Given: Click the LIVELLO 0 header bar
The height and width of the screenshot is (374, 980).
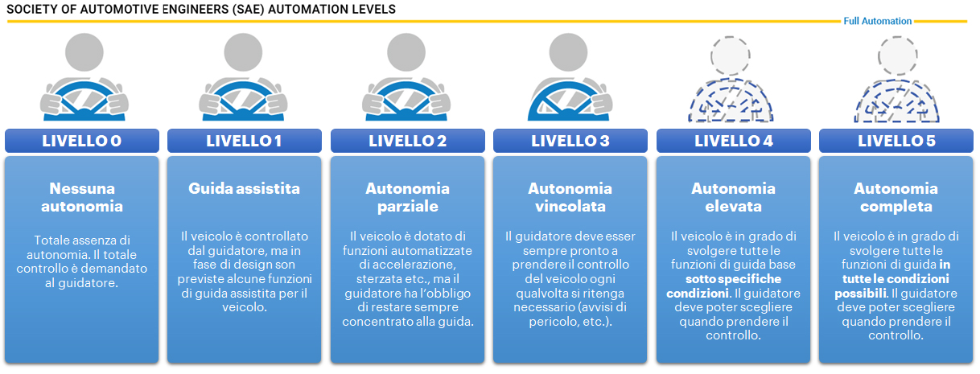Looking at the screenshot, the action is [x=82, y=141].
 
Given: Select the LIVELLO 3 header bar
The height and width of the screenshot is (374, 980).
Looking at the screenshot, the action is [x=570, y=141].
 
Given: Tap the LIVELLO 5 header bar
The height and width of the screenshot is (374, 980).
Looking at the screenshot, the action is [x=896, y=141].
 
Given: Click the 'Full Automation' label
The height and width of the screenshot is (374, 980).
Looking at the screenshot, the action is [x=877, y=21].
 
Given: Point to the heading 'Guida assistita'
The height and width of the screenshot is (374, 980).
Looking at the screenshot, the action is [x=244, y=188].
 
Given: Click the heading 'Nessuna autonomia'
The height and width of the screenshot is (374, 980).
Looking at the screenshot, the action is [x=82, y=197].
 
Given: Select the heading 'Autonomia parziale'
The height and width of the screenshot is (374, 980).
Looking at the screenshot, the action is [x=407, y=197].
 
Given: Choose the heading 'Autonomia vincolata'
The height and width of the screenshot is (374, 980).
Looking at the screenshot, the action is [x=570, y=197].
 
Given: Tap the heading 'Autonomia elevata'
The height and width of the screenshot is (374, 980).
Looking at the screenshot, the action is [x=733, y=197].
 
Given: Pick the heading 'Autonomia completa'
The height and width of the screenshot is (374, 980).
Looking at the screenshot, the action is [x=896, y=197].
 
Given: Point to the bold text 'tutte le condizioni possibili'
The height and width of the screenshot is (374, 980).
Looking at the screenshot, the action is [x=892, y=280].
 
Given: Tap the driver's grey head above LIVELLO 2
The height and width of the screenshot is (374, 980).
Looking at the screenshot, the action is [x=406, y=52].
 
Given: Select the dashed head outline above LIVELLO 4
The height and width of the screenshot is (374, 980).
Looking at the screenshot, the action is [x=731, y=55].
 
